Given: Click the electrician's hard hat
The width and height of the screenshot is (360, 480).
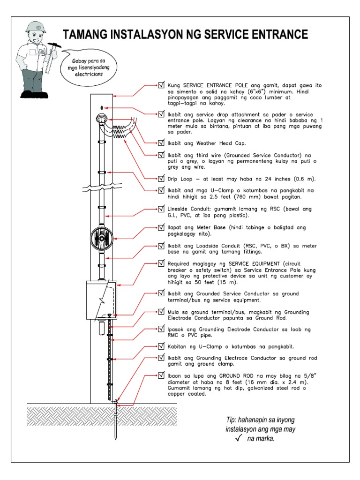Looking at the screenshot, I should pos(35,27).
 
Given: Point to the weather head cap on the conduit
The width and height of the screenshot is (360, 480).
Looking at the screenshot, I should pos(102,119).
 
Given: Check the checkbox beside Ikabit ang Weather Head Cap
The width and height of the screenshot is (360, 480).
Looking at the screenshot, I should pos(161,143).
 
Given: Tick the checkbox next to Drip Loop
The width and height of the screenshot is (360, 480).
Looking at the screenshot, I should pos(161,179).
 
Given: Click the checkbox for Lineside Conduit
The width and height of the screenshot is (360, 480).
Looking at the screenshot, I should pos(161,208).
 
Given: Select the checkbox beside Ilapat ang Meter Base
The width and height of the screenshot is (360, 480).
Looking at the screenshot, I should pos(161,227).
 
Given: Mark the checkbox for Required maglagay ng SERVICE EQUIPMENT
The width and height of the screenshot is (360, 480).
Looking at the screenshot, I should pos(161,264).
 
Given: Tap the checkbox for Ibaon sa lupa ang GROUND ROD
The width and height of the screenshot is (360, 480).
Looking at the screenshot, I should pos(161,376).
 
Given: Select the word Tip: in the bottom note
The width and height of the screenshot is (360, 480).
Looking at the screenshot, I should pos(232,419).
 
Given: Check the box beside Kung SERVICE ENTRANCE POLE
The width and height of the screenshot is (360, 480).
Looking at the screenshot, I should pos(161,86).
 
